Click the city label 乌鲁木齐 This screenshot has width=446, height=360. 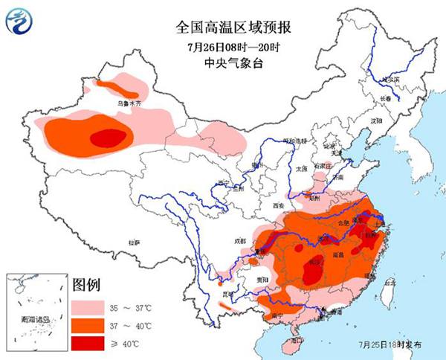click(x=128, y=105)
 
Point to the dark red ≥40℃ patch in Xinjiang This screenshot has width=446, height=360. click(x=108, y=137)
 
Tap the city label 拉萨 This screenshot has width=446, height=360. click(x=134, y=242)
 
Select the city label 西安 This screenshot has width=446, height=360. click(x=279, y=205)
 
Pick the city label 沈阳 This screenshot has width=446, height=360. click(x=376, y=120)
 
